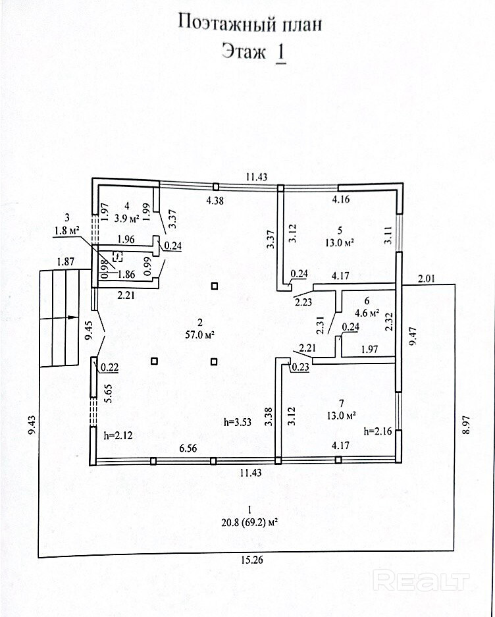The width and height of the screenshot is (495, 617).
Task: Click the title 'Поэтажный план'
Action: tap(250, 23)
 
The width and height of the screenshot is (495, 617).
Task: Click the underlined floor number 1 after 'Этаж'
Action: tap(280, 52)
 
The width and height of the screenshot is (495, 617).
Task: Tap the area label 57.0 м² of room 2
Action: tap(200, 335)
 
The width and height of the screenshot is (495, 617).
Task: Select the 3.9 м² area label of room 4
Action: tap(126, 219)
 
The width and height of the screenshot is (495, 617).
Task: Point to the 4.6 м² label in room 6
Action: tap(367, 313)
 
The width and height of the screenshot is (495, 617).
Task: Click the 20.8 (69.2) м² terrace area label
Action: tap(249, 523)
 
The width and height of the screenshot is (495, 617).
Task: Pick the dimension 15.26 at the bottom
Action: tap(252, 560)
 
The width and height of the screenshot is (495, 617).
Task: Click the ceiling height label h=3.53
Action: tap(237, 422)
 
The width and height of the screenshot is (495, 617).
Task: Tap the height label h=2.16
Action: tap(378, 431)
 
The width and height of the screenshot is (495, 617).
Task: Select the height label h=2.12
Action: tap(118, 435)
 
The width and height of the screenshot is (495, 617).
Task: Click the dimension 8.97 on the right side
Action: tap(466, 424)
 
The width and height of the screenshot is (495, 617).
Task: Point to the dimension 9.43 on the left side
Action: tap(32, 425)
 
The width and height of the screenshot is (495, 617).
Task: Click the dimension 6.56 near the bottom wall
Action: tap(188, 448)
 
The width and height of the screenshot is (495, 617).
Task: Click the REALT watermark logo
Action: tap(421, 581)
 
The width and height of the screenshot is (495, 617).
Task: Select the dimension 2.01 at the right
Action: tap(426, 279)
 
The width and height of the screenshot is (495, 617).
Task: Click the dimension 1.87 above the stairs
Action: tap(65, 261)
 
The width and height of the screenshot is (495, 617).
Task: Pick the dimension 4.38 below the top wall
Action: tap(215, 201)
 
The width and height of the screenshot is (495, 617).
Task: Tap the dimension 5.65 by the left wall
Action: tap(108, 394)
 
